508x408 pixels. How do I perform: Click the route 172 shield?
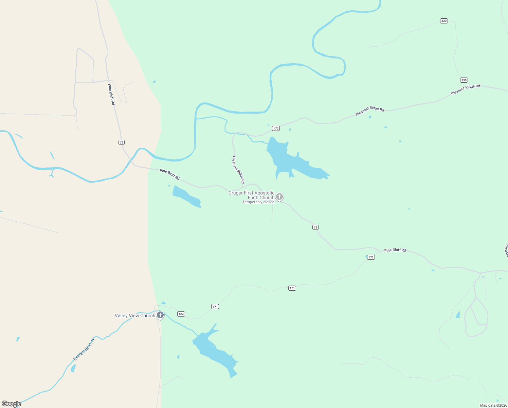[276, 128]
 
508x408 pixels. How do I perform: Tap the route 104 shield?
[181, 314]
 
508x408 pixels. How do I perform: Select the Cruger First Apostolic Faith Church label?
[251, 195]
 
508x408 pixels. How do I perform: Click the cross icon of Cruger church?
[279, 197]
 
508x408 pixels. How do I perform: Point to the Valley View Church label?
[135, 316]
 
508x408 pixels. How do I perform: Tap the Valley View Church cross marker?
[160, 315]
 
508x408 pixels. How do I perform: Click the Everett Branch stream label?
[84, 350]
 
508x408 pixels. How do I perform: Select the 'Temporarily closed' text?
[258, 202]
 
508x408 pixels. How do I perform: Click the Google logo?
[12, 404]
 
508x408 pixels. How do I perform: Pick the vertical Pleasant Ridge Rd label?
[238, 170]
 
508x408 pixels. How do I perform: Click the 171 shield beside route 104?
[215, 306]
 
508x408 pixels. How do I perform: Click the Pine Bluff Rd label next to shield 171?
[395, 250]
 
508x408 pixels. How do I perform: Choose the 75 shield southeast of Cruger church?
[315, 227]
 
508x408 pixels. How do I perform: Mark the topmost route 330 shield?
[444, 21]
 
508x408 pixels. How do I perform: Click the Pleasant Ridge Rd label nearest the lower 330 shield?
[465, 89]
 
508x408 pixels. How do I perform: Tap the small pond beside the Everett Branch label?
[73, 368]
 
